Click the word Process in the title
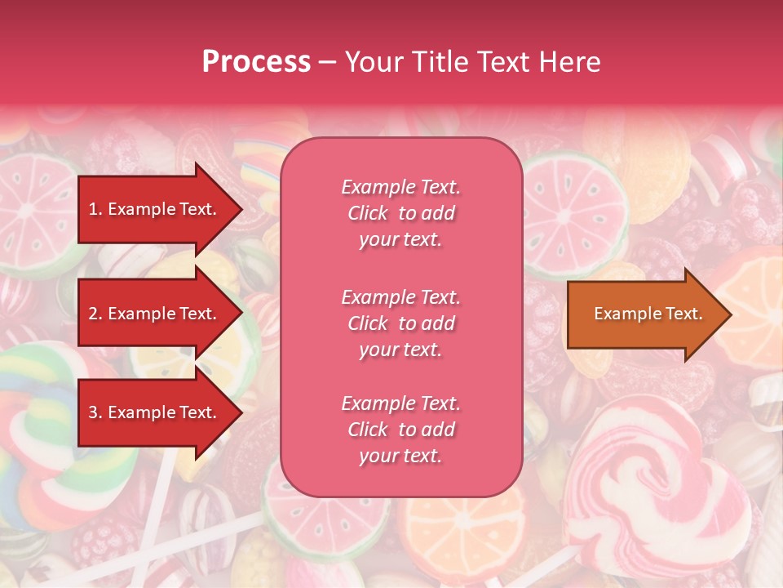point(256,62)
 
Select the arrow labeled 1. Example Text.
point(155,209)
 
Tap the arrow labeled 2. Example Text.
point(155,314)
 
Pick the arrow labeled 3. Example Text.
point(155,412)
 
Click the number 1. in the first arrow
point(95,209)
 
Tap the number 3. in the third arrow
point(95,412)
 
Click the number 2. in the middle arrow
point(95,314)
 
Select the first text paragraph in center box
point(400,213)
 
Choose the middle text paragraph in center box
point(400,323)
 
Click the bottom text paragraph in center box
point(400,430)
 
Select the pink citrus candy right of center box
point(575,204)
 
